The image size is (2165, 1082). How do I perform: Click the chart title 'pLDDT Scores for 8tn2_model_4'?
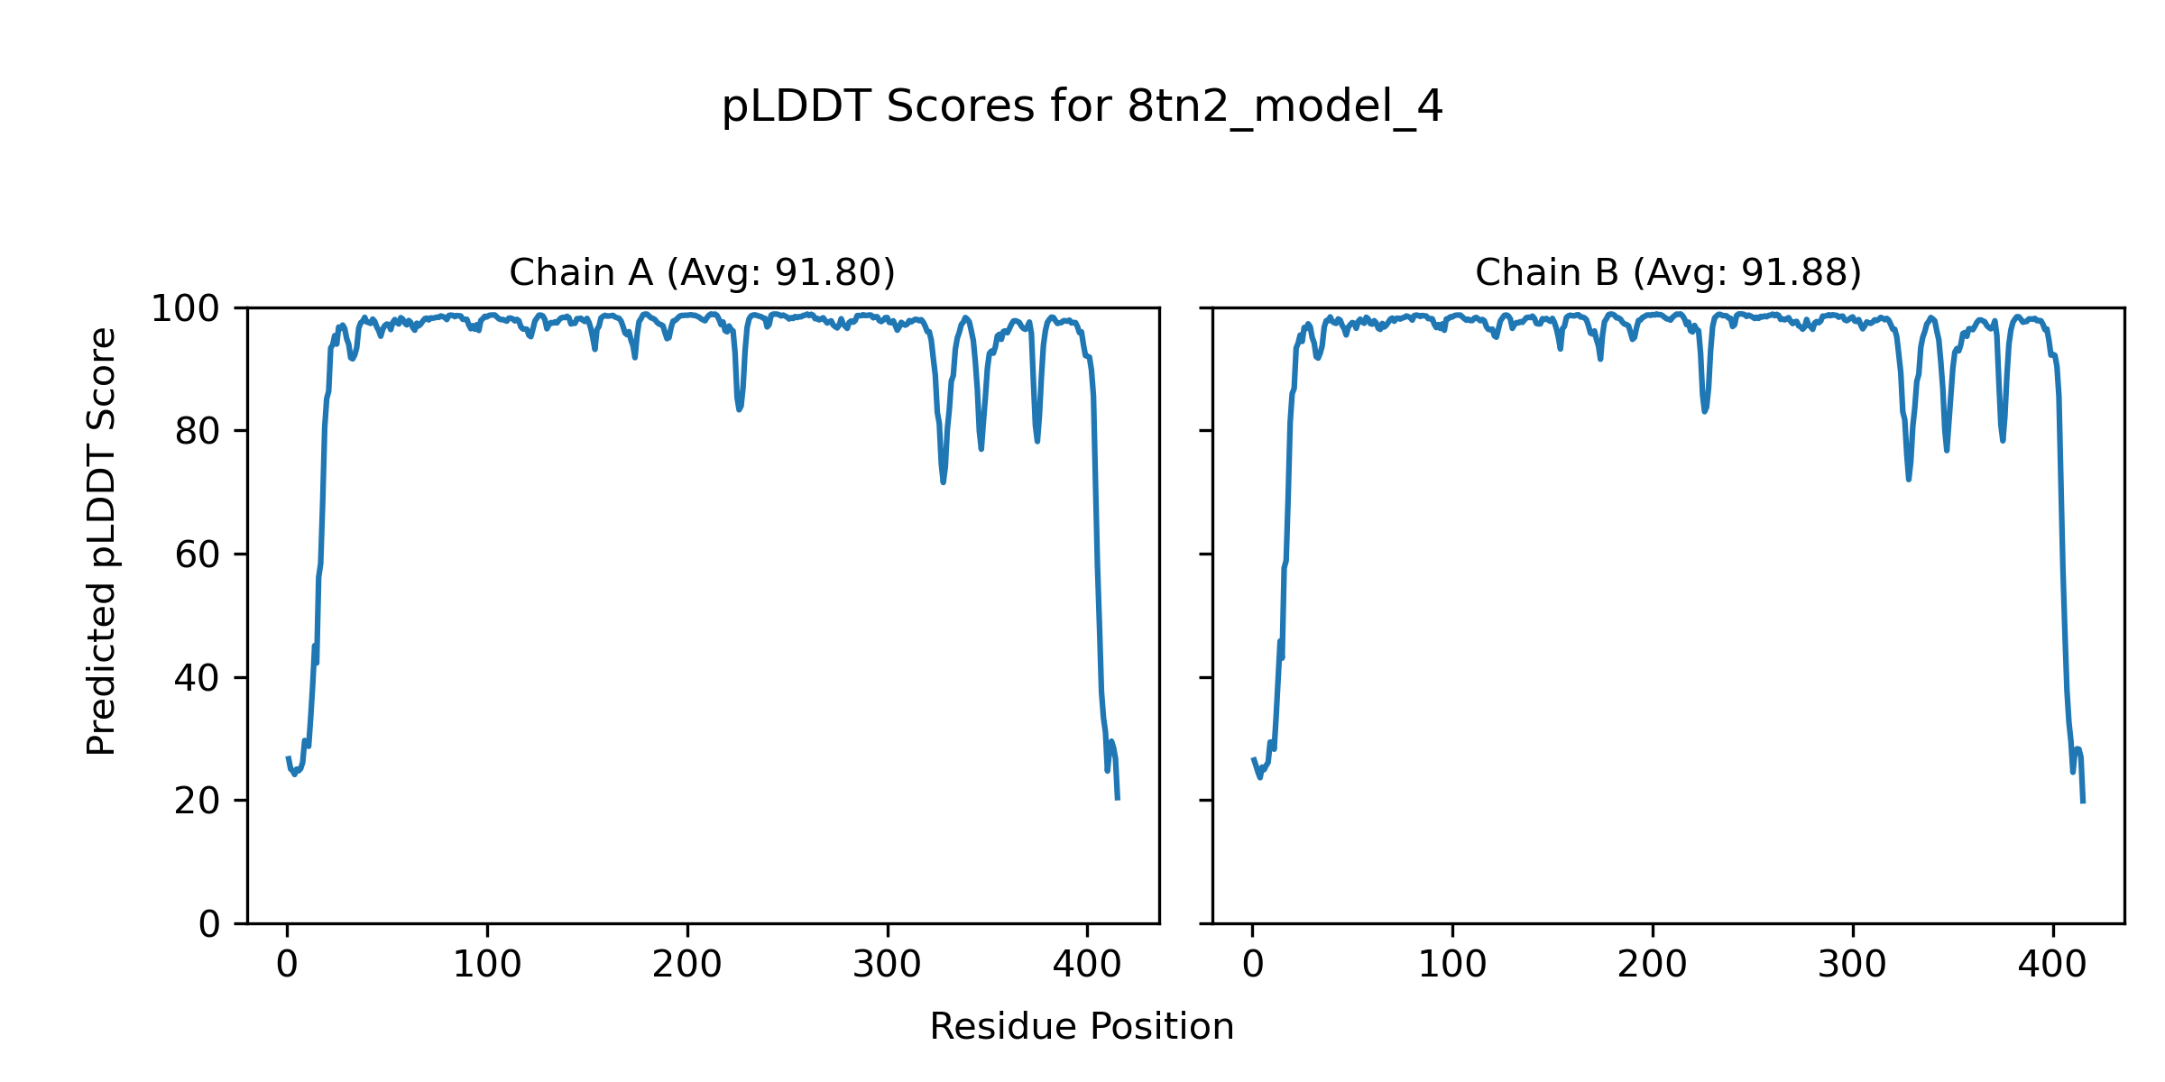(x=1082, y=107)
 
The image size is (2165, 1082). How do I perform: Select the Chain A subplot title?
(x=702, y=272)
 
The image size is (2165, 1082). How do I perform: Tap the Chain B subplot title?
(x=1668, y=272)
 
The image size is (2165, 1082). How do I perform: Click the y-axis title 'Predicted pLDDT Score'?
(x=101, y=541)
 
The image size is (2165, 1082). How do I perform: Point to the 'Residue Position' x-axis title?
(x=1082, y=1026)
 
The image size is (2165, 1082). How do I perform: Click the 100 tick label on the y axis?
(x=185, y=309)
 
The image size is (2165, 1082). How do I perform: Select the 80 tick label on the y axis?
(x=198, y=432)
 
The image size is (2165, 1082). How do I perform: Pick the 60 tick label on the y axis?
(x=198, y=555)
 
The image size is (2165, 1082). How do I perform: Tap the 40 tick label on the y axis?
(x=198, y=678)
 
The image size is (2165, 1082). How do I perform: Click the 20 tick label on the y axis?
(x=198, y=802)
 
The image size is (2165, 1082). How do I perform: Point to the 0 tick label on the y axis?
(x=209, y=924)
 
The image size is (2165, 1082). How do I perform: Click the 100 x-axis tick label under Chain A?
(x=487, y=965)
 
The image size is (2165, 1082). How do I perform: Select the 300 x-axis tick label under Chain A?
(x=888, y=965)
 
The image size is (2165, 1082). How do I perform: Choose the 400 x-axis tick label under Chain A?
(x=1087, y=965)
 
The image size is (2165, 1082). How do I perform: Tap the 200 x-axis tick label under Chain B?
(x=1652, y=965)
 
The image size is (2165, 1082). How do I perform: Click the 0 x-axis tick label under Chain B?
(x=1252, y=965)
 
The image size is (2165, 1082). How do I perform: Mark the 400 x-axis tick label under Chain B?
(x=2052, y=965)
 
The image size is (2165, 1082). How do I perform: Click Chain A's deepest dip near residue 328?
(x=943, y=481)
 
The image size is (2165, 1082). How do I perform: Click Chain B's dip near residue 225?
(x=1704, y=411)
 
